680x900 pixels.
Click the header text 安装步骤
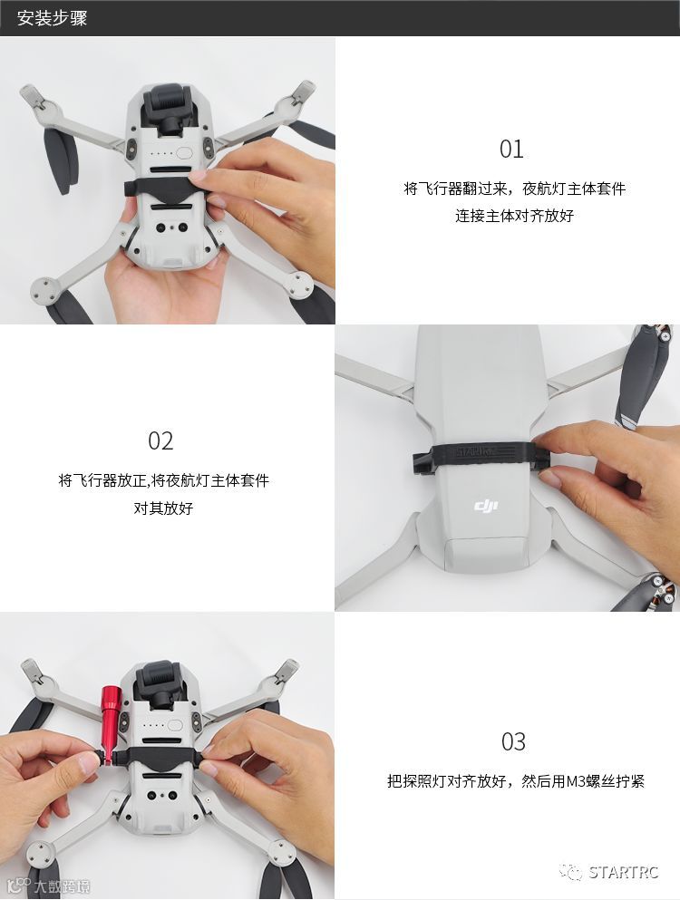(x=52, y=18)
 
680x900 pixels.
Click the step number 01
(x=511, y=150)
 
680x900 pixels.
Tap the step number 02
(x=160, y=440)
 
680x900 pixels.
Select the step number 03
(x=513, y=741)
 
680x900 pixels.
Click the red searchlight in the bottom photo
(x=110, y=724)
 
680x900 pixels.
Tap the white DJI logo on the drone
(x=485, y=506)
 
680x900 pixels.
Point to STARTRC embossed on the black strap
(x=475, y=451)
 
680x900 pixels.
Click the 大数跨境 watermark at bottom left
(x=62, y=886)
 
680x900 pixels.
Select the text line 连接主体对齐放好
(x=515, y=216)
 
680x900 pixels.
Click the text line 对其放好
(x=163, y=508)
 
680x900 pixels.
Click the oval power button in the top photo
(x=185, y=152)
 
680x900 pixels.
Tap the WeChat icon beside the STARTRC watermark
(x=571, y=873)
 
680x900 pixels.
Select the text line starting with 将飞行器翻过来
(x=515, y=189)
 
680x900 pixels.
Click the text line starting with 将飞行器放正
(x=164, y=479)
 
